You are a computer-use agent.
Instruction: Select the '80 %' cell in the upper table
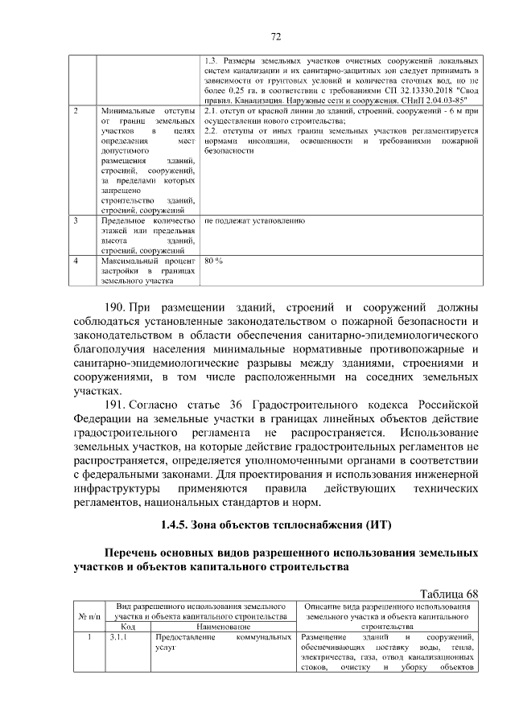pos(213,261)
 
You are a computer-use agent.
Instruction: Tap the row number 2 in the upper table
pos(75,109)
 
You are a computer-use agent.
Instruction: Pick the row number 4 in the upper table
pos(75,261)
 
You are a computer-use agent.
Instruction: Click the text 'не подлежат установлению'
pos(254,220)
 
